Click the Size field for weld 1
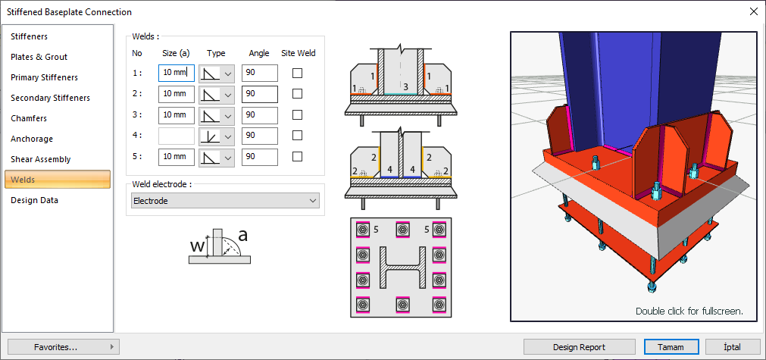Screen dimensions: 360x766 pos(177,73)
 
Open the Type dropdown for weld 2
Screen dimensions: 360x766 pos(226,94)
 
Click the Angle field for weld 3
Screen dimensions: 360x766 pos(260,115)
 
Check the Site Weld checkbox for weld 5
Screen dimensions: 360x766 pos(298,157)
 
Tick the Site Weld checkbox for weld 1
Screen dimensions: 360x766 pos(298,73)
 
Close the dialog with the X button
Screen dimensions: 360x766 pos(753,11)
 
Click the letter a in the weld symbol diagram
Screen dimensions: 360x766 pos(243,235)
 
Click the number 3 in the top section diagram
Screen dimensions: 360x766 pos(405,86)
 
